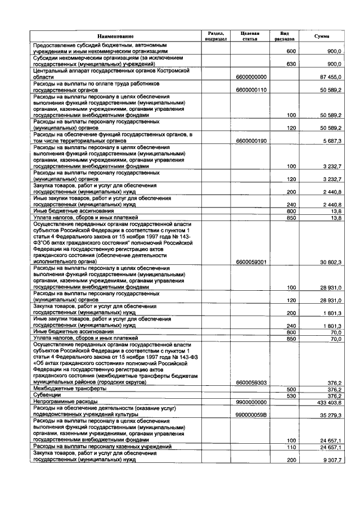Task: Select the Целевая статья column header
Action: pyautogui.click(x=251, y=36)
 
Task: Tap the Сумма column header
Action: pyautogui.click(x=322, y=36)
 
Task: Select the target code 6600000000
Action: pyautogui.click(x=251, y=77)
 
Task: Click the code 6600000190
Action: pyautogui.click(x=251, y=141)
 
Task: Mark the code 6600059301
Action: pyautogui.click(x=251, y=262)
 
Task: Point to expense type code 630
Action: pyautogui.click(x=291, y=64)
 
